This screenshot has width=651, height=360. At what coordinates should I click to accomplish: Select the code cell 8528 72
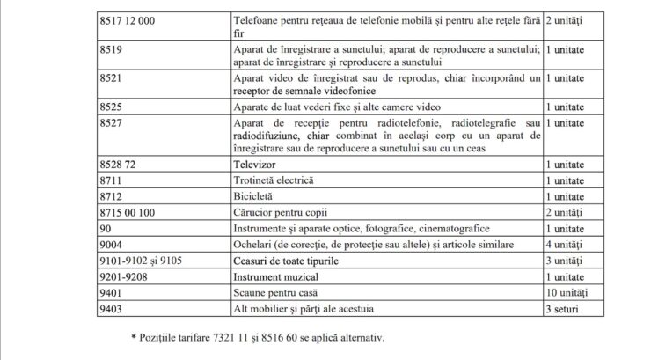click(117, 164)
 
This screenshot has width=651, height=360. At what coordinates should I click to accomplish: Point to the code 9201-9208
click(123, 276)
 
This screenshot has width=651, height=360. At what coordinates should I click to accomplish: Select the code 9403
click(112, 309)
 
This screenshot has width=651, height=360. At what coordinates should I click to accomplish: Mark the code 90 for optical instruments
click(106, 228)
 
